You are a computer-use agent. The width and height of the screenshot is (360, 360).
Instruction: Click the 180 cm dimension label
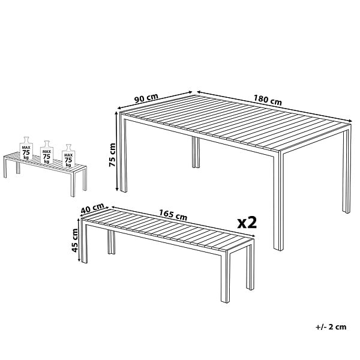(268, 100)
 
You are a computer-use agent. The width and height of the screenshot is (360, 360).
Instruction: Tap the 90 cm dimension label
(146, 98)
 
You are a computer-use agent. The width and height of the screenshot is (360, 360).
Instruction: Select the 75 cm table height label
(112, 155)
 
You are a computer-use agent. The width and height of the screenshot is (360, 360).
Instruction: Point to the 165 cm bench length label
(173, 215)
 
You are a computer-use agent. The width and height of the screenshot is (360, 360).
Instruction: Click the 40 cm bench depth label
(92, 208)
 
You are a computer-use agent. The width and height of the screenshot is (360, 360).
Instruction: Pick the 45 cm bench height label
(75, 241)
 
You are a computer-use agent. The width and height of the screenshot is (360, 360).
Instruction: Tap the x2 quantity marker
(247, 223)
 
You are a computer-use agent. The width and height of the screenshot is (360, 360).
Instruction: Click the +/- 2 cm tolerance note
(331, 327)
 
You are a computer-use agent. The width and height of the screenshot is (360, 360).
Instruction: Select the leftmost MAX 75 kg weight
(26, 148)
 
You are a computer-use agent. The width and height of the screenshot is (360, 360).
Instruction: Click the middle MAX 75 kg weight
(47, 152)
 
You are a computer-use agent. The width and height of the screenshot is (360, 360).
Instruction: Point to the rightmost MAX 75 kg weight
(68, 155)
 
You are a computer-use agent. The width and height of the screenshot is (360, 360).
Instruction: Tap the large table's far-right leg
(347, 172)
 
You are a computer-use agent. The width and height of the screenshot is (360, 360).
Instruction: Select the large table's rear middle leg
(196, 152)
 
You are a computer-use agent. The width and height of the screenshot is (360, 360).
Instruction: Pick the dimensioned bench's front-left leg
(84, 244)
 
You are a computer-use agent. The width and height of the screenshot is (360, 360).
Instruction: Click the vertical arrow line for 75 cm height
(117, 152)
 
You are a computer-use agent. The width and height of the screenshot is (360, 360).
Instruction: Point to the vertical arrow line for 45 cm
(79, 240)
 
